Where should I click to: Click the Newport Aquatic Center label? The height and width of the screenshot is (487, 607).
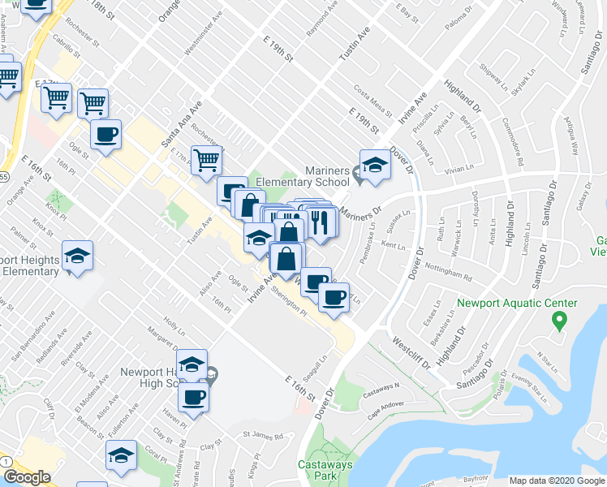[517, 304]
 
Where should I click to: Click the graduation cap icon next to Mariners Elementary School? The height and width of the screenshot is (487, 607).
[375, 165]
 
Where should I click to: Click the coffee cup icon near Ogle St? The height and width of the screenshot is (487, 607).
[105, 135]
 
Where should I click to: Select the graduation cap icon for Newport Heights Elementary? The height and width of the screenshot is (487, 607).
[77, 256]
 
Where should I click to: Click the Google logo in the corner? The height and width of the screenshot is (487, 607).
[27, 477]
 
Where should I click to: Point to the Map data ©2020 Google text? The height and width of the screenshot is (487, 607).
[557, 481]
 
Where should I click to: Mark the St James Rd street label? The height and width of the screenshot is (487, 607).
[267, 436]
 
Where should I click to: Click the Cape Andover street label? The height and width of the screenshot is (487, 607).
[385, 404]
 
